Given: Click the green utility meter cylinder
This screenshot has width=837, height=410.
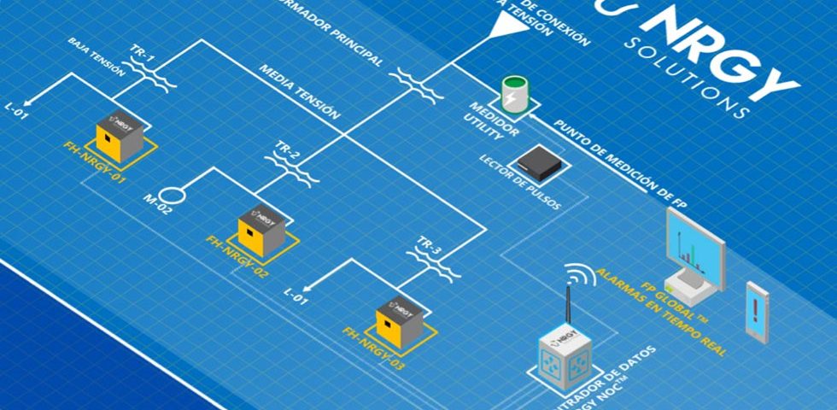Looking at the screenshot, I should [x=514, y=95].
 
